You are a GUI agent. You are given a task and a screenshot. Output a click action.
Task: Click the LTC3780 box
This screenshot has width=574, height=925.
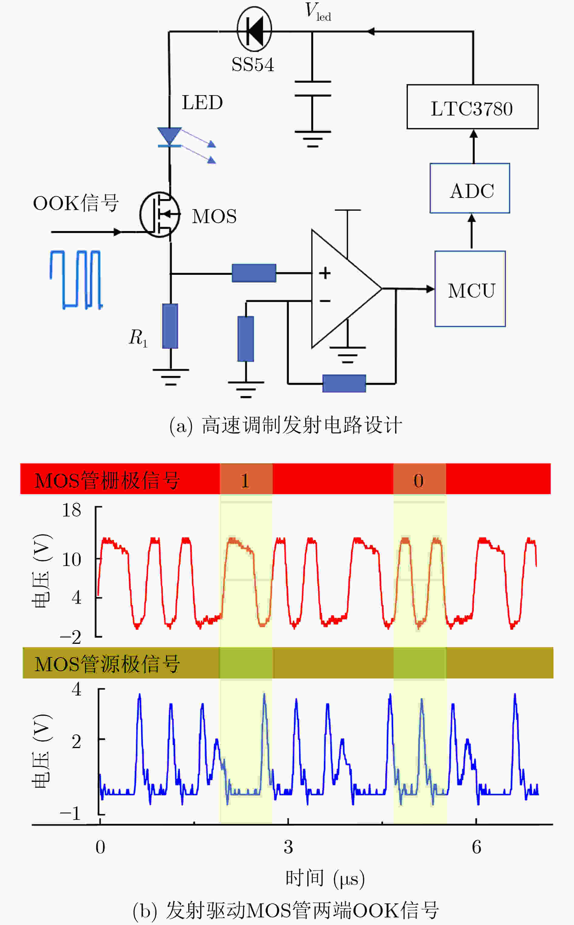tap(472, 107)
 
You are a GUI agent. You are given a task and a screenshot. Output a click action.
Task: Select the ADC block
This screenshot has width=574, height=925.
tap(470, 188)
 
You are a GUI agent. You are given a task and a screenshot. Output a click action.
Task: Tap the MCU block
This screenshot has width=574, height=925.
tap(470, 289)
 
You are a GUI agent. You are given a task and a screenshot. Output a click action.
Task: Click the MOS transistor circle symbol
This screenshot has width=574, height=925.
tap(159, 215)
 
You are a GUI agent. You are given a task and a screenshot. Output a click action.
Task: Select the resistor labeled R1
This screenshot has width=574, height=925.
tap(170, 326)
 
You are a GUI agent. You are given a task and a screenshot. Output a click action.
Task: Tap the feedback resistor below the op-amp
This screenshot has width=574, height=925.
tap(344, 383)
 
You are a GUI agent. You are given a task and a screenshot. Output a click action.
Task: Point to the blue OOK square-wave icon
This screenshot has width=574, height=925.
tap(76, 280)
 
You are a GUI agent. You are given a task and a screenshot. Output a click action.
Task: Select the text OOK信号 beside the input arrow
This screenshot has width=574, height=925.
tap(76, 203)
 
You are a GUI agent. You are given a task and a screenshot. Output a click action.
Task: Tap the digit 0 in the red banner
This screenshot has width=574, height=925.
tap(419, 481)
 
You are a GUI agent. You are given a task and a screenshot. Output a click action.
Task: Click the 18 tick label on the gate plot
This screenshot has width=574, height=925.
tap(72, 510)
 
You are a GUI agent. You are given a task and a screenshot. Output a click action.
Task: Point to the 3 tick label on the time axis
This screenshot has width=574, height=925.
tap(288, 847)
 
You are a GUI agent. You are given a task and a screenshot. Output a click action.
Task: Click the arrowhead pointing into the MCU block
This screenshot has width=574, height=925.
tap(431, 289)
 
